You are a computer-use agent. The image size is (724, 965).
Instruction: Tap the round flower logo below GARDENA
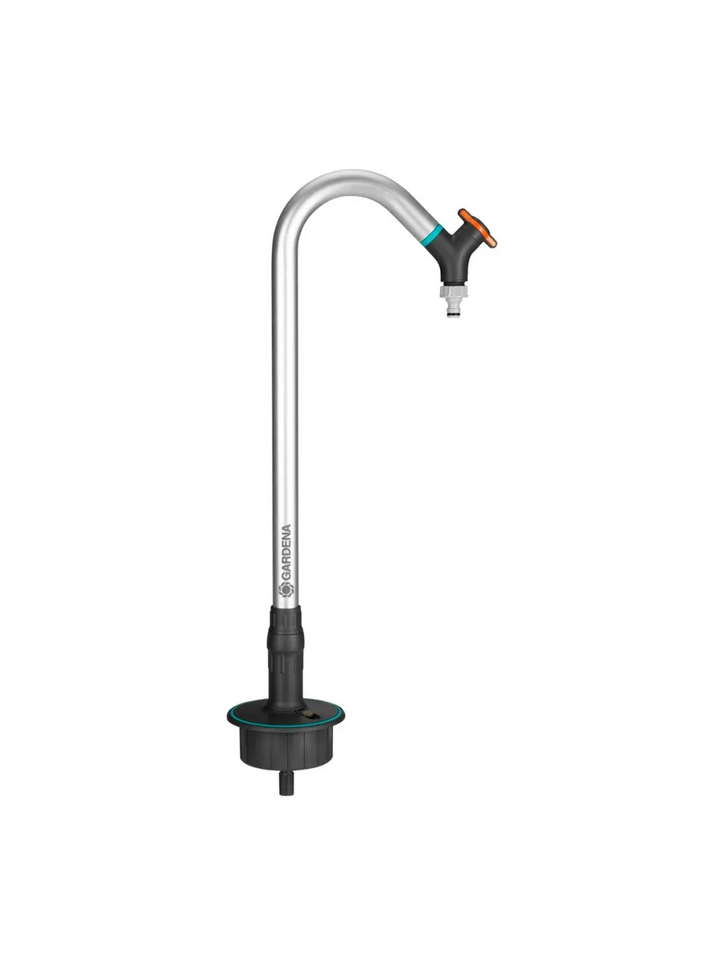[286, 589]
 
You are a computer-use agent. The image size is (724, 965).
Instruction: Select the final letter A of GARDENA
[286, 529]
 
